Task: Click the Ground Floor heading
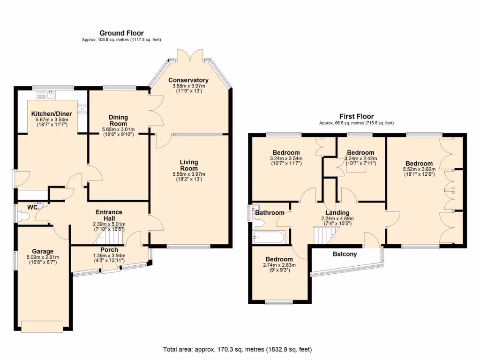pyautogui.click(x=121, y=33)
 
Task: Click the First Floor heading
pyautogui.click(x=356, y=116)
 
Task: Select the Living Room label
pyautogui.click(x=189, y=165)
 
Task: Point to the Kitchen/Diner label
pyautogui.click(x=49, y=114)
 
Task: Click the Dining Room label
pyautogui.click(x=118, y=120)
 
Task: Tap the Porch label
pyautogui.click(x=109, y=250)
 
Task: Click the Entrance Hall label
pyautogui.click(x=109, y=215)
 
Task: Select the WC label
pyautogui.click(x=32, y=207)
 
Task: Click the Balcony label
pyautogui.click(x=345, y=254)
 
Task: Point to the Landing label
pyautogui.click(x=337, y=213)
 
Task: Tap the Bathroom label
pyautogui.click(x=270, y=213)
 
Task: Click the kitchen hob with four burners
pyautogui.click(x=82, y=109)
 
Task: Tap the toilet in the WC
pyautogui.click(x=23, y=216)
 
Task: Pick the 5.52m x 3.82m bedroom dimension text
pyautogui.click(x=418, y=169)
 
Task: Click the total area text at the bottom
pyautogui.click(x=237, y=349)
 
